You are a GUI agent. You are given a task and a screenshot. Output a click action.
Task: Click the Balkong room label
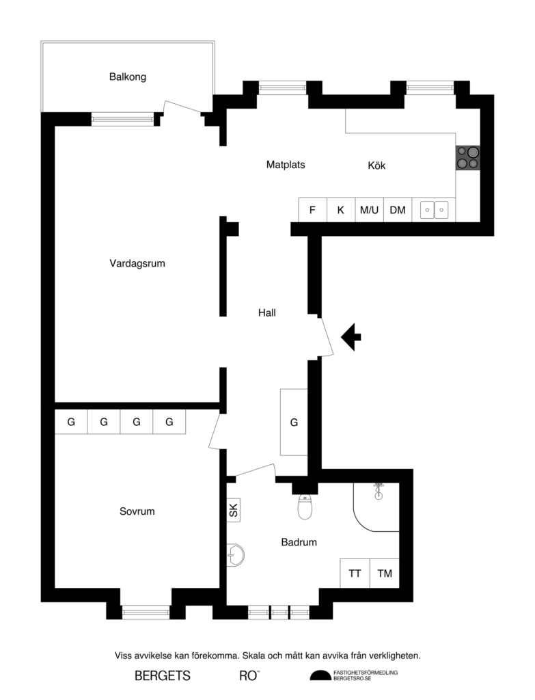coord(128,77)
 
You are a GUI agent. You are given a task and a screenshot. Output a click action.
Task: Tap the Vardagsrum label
coord(137,263)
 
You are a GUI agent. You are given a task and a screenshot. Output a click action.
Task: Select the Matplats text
coord(286,165)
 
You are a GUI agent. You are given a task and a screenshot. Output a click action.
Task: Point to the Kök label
coord(377,165)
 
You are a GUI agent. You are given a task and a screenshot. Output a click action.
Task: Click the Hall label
coord(267,313)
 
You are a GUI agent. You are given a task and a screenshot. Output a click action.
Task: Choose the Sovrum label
coord(137,511)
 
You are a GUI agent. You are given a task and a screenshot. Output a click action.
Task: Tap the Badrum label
coord(299,542)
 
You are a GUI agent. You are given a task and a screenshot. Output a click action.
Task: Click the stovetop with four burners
coord(468,158)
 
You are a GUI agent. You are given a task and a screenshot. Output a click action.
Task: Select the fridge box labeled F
coord(313,210)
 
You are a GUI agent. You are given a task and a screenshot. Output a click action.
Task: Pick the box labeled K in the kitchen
coord(341,210)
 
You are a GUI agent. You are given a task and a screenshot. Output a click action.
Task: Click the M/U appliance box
coord(369,210)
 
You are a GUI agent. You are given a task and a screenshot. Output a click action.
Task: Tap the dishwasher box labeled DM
coord(398,210)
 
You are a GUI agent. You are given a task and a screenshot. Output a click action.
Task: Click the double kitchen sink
coord(434,210)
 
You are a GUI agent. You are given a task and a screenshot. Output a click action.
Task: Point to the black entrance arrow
coord(352,336)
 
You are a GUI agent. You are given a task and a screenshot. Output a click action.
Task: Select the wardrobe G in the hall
coord(294,422)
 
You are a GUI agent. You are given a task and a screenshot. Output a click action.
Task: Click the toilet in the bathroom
coord(305,507)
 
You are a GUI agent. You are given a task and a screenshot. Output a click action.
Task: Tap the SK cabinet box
coord(233,509)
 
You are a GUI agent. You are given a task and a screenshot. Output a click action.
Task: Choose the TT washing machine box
coord(355,574)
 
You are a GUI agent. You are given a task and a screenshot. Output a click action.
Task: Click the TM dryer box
coord(385,574)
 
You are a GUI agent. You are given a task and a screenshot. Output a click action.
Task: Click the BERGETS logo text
coord(163,676)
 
